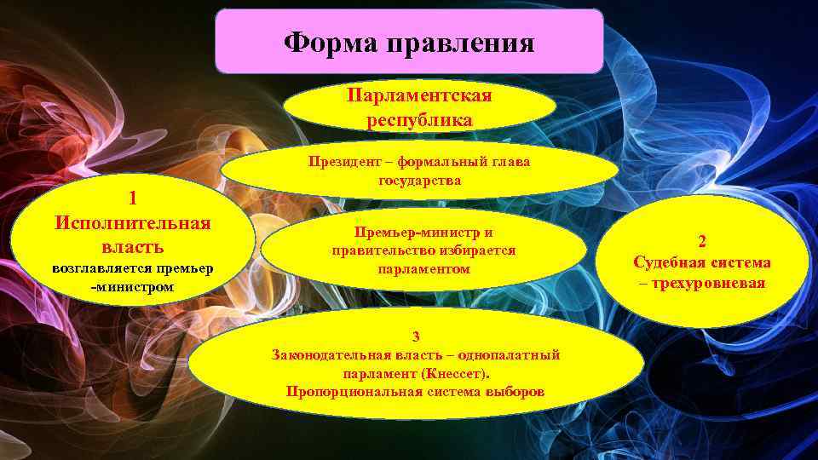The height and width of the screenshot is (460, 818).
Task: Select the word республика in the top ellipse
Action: point(419,118)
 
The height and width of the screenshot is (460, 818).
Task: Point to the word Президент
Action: point(345,164)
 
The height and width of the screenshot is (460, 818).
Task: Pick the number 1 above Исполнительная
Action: point(133,198)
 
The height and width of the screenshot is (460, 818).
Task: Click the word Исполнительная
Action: point(132,222)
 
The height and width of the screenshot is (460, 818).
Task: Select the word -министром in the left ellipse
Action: point(132,287)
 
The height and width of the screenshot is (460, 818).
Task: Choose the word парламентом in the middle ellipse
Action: point(423,269)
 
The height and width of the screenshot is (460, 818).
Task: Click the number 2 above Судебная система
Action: point(702,241)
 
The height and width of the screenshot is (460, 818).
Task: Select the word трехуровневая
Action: point(710,284)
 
